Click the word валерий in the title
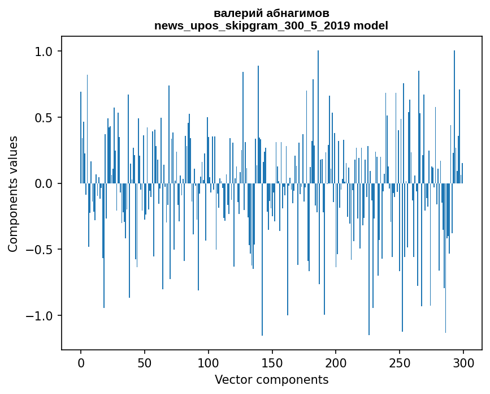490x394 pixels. pyautogui.click(x=235, y=13)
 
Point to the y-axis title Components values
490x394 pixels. pyautogui.click(x=13, y=194)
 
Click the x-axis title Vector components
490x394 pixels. pyautogui.click(x=271, y=380)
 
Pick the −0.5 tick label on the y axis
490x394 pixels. pyautogui.click(x=39, y=250)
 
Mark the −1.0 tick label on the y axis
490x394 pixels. pyautogui.click(x=39, y=316)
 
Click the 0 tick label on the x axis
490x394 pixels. pyautogui.click(x=81, y=362)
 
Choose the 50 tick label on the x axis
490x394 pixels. pyautogui.click(x=145, y=362)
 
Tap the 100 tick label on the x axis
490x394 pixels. pyautogui.click(x=209, y=362)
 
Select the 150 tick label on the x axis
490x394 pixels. pyautogui.click(x=272, y=362)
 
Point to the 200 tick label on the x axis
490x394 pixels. pyautogui.click(x=336, y=362)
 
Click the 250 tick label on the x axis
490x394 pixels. pyautogui.click(x=400, y=362)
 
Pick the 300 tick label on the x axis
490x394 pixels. pyautogui.click(x=463, y=362)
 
